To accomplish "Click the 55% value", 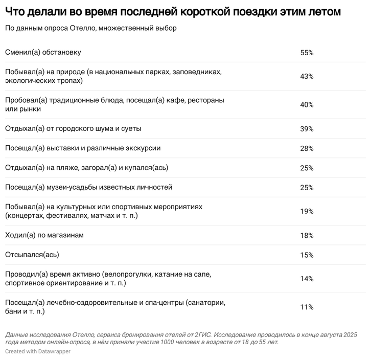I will click(307, 53).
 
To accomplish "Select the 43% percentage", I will click(307, 76).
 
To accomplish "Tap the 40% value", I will click(307, 105).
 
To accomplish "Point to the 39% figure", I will click(307, 129).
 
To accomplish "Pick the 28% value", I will click(307, 148).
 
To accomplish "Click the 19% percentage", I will click(307, 211).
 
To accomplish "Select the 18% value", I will click(307, 235).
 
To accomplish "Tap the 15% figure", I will click(307, 255).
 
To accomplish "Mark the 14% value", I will click(307, 279).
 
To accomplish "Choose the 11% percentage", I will click(307, 307).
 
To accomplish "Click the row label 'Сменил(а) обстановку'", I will click(43, 53).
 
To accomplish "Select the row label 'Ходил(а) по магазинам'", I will click(44, 235).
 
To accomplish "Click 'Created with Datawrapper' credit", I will click(38, 352).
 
